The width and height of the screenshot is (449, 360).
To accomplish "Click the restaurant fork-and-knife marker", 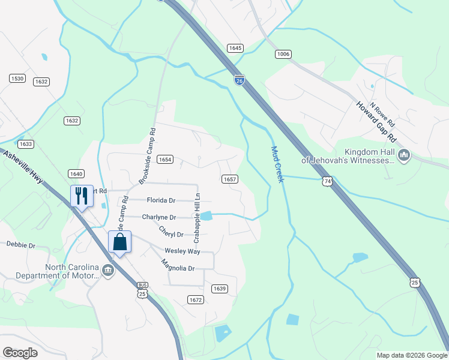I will click(82, 195).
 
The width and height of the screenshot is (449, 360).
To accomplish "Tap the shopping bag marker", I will click(119, 242).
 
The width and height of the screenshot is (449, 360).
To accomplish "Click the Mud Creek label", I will click(276, 164).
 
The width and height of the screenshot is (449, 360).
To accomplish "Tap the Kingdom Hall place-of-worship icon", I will click(404, 156).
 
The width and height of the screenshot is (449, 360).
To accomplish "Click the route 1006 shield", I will click(283, 55).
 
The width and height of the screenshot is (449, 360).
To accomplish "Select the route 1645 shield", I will click(235, 47).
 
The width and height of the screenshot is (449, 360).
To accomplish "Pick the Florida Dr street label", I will click(160, 200).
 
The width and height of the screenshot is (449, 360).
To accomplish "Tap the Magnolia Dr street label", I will click(178, 265).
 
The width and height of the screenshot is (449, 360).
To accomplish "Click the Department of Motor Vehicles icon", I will click(108, 270).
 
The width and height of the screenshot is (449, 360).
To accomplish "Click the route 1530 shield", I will click(17, 79).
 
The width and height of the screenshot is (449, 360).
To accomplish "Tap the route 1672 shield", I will click(195, 299).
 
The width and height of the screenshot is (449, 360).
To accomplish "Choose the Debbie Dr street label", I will click(21, 245).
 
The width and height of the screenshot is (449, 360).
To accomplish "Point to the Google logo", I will click(20, 352).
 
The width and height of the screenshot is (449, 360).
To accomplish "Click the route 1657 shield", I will click(230, 179).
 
